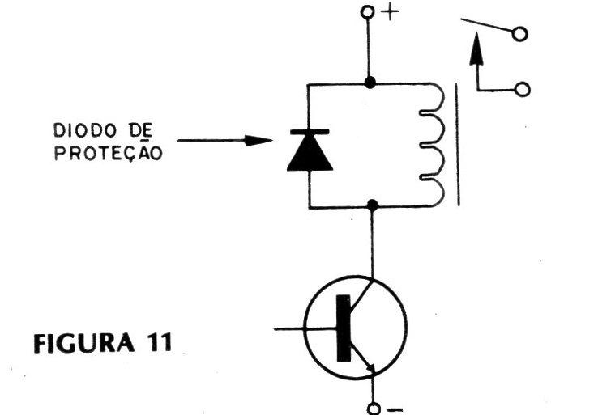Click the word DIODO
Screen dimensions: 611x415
point(85,130)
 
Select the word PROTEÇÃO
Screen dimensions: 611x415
point(108,153)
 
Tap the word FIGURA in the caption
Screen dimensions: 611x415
point(83,343)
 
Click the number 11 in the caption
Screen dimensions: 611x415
point(160,343)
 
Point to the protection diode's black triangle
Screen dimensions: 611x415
point(310,155)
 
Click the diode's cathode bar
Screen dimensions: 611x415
point(310,132)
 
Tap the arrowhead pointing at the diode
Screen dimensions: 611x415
point(258,141)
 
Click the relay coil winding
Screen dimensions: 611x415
point(433,145)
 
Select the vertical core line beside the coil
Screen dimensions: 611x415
point(457,145)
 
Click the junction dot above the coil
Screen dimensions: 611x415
point(370,83)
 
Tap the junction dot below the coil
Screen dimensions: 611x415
point(373,205)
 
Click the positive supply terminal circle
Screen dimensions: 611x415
point(367,12)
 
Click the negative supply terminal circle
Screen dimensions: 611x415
point(374,409)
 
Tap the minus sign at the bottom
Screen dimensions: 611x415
point(395,409)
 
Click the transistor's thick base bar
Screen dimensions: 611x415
point(344,328)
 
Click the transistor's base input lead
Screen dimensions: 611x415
point(305,329)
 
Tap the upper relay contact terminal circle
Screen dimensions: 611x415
point(519,34)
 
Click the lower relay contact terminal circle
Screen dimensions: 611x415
point(522,90)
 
